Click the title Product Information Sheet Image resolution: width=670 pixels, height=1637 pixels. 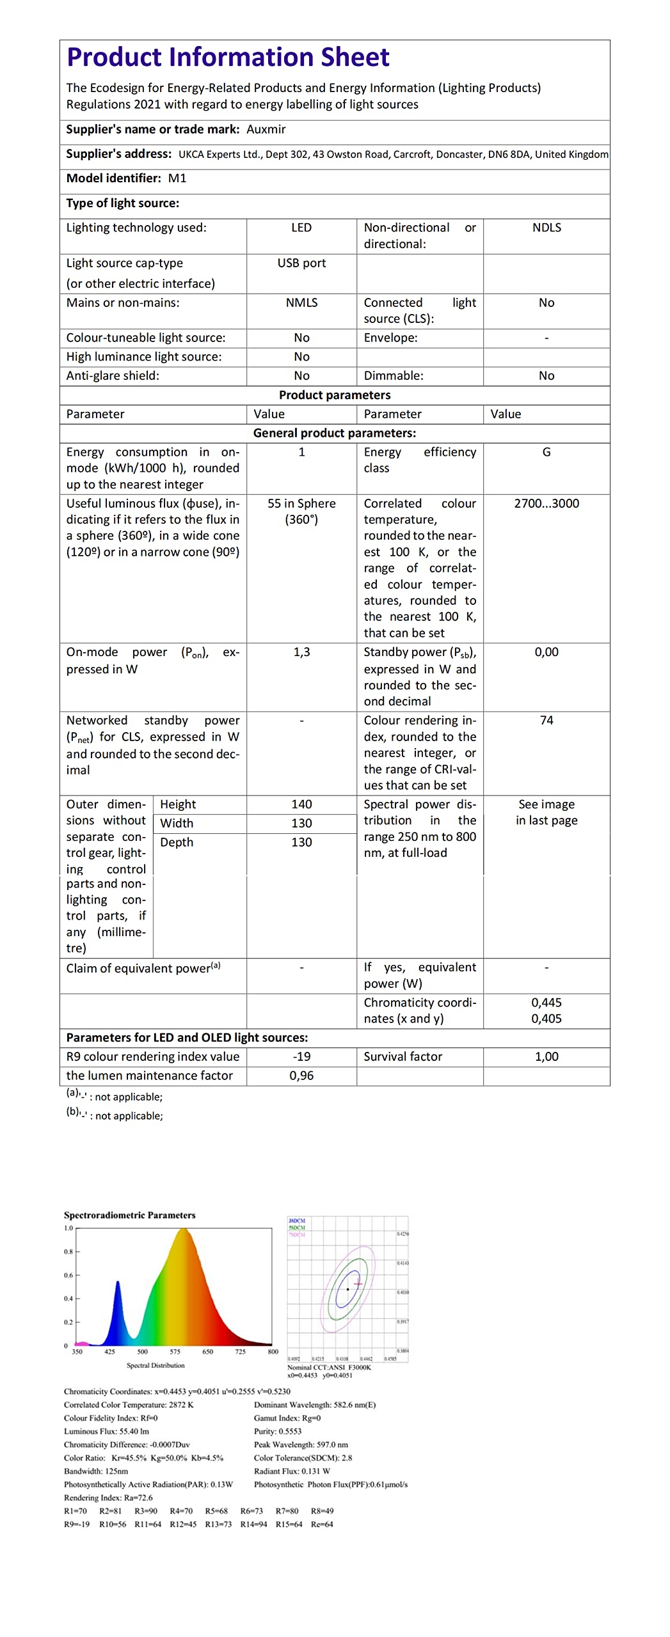click(228, 58)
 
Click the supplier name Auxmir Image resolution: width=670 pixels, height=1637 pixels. click(266, 129)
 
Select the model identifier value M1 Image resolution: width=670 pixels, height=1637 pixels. click(177, 178)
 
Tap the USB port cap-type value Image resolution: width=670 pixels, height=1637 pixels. click(301, 263)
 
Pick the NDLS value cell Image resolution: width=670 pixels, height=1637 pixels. click(546, 228)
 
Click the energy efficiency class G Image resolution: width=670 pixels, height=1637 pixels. click(546, 452)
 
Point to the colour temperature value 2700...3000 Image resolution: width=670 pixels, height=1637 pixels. click(546, 503)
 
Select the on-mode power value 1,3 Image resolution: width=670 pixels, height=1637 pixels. click(301, 652)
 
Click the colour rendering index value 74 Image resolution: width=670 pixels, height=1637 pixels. click(546, 720)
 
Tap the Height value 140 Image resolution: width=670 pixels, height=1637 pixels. click(301, 804)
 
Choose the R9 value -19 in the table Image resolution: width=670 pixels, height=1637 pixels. click(301, 1056)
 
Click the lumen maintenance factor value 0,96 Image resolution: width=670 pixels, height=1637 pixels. click(301, 1076)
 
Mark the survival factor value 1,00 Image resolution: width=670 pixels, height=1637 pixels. click(546, 1056)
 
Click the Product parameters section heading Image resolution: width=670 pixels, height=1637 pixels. click(335, 395)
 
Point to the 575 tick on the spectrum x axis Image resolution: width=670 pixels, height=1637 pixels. click(175, 1352)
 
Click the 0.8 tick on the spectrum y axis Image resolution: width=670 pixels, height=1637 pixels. click(68, 1251)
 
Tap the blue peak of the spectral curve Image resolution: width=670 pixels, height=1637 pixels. click(118, 1283)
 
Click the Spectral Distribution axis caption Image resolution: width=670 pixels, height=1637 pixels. click(156, 1365)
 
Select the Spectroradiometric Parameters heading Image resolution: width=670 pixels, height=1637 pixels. click(129, 1215)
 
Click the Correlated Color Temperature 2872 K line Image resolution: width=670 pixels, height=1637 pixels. click(129, 1405)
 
